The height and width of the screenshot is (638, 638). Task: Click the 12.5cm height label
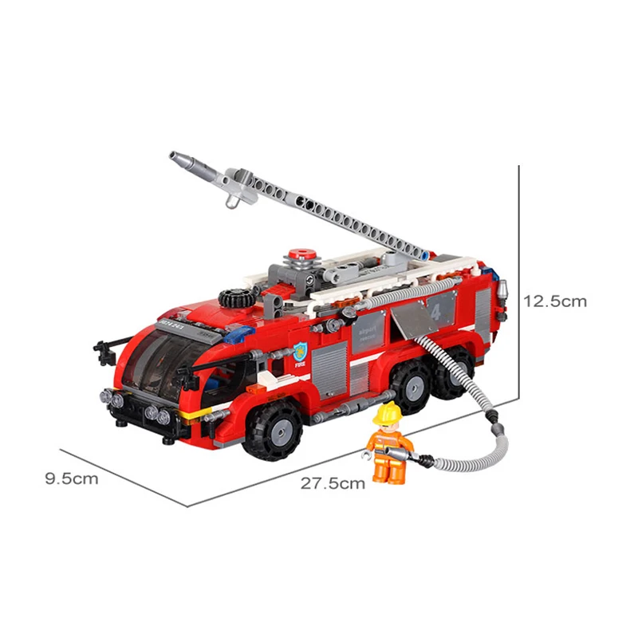[x=555, y=301]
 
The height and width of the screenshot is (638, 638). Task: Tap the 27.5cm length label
[x=333, y=482]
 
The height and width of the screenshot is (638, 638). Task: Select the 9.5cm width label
[x=72, y=478]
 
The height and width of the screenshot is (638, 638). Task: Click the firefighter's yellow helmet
[x=389, y=413]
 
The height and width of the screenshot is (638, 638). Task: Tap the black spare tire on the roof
[x=236, y=298]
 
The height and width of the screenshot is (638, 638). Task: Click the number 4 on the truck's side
[x=435, y=311]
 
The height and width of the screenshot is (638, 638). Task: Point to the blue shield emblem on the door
[x=300, y=349]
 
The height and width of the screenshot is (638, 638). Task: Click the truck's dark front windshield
[x=159, y=364]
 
